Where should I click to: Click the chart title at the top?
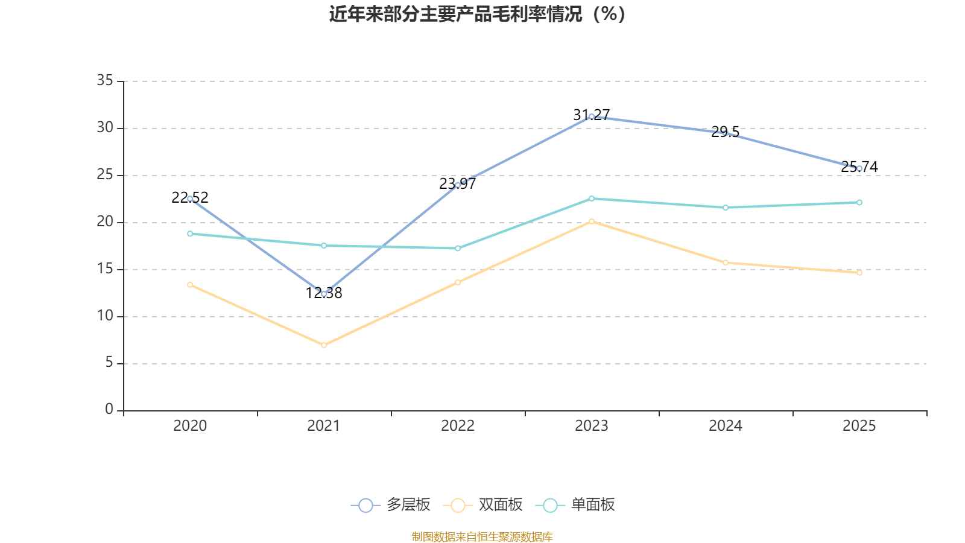click(478, 14)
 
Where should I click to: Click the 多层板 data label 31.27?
click(592, 115)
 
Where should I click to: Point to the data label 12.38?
click(324, 293)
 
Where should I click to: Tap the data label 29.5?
click(725, 132)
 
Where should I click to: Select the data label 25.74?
click(859, 167)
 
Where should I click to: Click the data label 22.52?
click(190, 197)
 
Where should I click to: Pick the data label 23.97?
click(458, 184)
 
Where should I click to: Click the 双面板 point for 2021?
click(324, 345)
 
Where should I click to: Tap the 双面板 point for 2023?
click(592, 221)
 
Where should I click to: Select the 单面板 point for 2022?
click(458, 248)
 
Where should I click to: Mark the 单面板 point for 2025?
click(859, 203)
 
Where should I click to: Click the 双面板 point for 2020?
click(190, 285)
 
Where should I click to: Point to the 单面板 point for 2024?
click(726, 208)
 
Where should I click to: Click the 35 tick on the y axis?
click(105, 80)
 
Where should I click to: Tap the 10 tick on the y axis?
click(105, 316)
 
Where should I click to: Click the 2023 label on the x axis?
click(592, 426)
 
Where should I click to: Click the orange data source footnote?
click(482, 536)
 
